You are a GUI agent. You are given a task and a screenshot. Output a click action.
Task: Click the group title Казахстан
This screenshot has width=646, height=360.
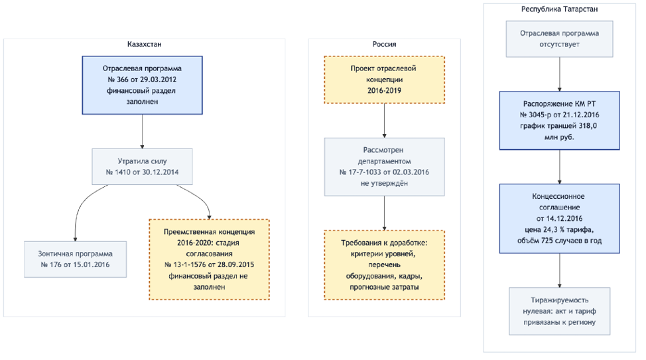pos(144,44)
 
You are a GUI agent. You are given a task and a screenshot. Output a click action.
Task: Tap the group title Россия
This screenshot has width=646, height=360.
pos(385,44)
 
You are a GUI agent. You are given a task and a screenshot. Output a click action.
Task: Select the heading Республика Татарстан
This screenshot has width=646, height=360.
pos(560,9)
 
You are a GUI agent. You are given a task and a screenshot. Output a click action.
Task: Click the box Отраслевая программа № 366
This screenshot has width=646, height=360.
pos(142,86)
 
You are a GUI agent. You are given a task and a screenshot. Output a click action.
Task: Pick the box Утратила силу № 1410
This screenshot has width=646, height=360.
pos(142,166)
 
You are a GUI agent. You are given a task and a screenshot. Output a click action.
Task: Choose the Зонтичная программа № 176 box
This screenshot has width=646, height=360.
pos(75,259)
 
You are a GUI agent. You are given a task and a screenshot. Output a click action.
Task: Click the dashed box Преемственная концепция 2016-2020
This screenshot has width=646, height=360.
pos(210,259)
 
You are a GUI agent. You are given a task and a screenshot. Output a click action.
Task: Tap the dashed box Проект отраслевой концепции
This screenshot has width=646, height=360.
pos(385,80)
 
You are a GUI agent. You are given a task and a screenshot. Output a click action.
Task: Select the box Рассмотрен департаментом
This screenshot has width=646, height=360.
pos(385,166)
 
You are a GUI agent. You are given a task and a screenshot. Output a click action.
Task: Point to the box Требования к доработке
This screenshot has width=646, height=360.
pos(385,265)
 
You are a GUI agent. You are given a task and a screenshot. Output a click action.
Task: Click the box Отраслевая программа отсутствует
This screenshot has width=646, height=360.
pos(560,38)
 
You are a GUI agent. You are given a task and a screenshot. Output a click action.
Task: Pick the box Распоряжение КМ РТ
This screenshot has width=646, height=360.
pos(560,120)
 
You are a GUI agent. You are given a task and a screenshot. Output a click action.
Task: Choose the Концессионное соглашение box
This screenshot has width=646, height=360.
pos(560,218)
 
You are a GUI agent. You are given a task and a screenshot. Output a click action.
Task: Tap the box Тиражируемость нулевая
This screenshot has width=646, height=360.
pos(560,311)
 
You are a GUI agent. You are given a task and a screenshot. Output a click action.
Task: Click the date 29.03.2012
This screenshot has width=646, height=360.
pos(159,80)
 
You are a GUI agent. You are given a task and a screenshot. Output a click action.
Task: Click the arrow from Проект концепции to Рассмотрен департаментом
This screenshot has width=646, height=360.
pos(385,120)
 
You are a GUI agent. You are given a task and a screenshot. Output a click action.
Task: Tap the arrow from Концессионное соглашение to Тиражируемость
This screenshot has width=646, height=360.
pos(560,270)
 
